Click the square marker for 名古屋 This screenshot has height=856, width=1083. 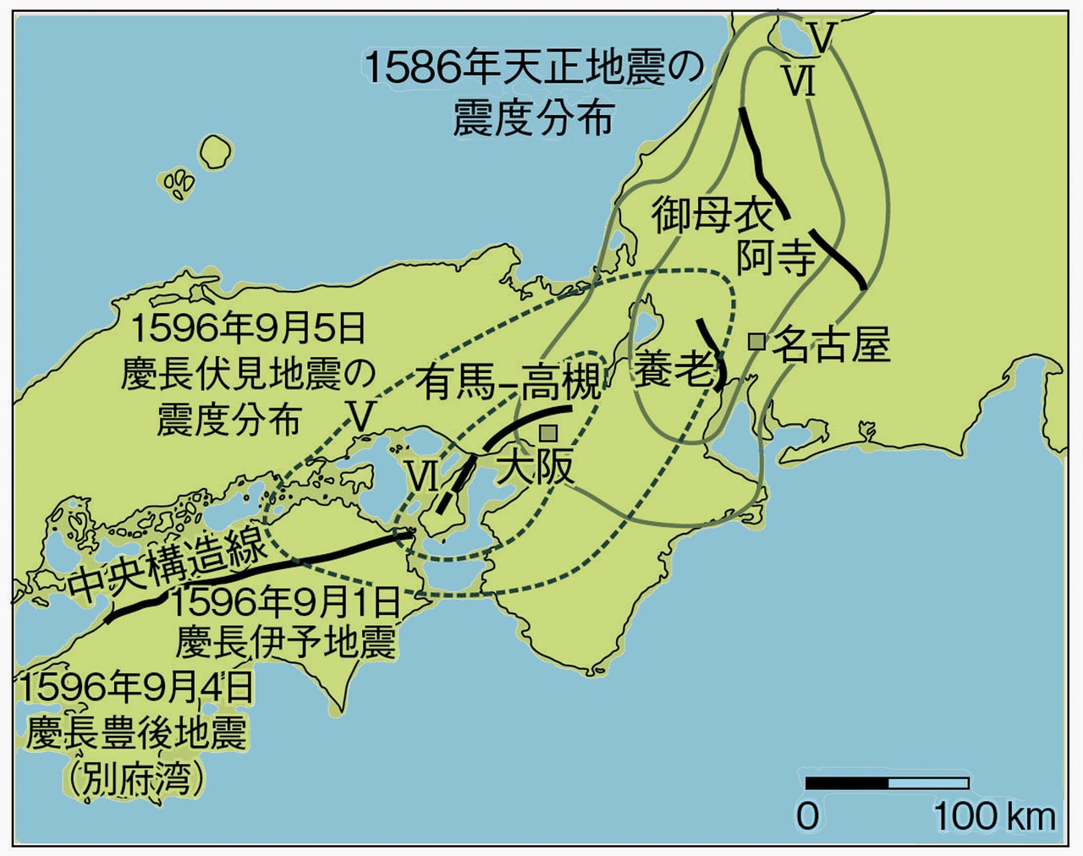[x=757, y=341]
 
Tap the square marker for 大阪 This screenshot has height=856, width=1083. [x=548, y=433]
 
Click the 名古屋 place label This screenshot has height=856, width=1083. [x=832, y=344]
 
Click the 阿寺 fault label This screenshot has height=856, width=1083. [x=775, y=256]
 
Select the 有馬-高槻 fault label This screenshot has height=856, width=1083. [x=508, y=382]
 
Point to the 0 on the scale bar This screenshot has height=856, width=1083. [x=808, y=816]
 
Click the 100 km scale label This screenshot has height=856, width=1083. [x=994, y=816]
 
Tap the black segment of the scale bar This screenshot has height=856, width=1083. [x=847, y=783]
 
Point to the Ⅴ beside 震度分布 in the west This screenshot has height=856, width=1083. [x=362, y=416]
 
